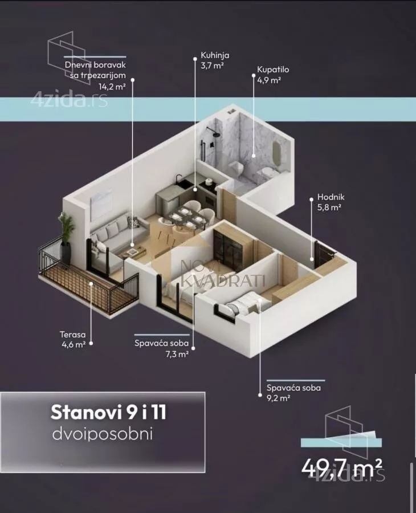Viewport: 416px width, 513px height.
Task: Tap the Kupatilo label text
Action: (x=273, y=70)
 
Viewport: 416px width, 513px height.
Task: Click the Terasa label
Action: (x=73, y=335)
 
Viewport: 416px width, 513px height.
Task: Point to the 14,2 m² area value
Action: (x=111, y=87)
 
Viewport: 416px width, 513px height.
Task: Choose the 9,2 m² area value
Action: (x=279, y=398)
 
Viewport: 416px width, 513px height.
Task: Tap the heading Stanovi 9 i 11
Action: (x=108, y=412)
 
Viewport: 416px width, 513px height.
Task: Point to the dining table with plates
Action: (x=185, y=216)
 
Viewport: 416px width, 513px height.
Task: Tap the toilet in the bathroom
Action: (x=235, y=167)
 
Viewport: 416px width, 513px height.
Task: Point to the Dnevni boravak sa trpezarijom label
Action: (x=95, y=70)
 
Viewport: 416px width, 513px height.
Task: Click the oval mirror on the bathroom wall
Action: (x=278, y=153)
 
